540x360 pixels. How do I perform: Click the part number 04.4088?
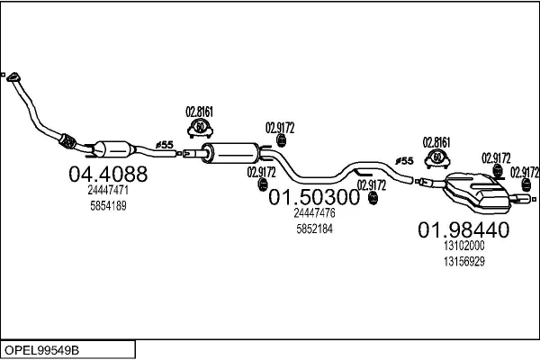tap(108, 174)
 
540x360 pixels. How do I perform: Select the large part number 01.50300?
tap(314, 197)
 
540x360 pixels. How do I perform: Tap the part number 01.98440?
tap(463, 229)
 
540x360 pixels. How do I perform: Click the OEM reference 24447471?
tap(108, 190)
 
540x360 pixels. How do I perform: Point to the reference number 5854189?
tap(108, 206)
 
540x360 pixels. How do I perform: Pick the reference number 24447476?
tap(314, 213)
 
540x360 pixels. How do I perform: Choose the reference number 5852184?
tap(314, 229)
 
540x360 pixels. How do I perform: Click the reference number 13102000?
tap(463, 246)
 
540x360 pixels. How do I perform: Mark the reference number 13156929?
tap(463, 262)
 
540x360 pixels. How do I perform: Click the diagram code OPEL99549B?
tap(41, 350)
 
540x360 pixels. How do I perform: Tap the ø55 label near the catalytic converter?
tap(165, 145)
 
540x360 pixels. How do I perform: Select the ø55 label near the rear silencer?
tap(404, 161)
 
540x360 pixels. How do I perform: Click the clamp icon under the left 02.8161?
tap(200, 129)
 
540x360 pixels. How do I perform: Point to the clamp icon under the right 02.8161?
tap(437, 158)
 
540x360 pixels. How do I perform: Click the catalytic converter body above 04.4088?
tap(113, 149)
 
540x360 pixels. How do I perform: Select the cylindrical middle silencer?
tap(230, 153)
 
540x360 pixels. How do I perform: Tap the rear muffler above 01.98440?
tap(476, 192)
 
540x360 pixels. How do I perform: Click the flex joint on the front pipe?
tap(67, 141)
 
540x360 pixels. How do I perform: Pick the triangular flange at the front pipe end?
tap(13, 77)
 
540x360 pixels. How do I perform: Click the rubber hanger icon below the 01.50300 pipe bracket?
tap(373, 198)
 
